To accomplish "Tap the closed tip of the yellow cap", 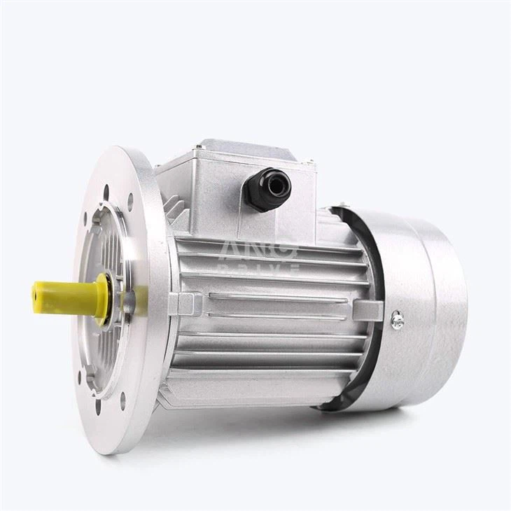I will [x=35, y=291].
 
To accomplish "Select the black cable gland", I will [x=267, y=188].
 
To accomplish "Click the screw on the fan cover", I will [x=398, y=320].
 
